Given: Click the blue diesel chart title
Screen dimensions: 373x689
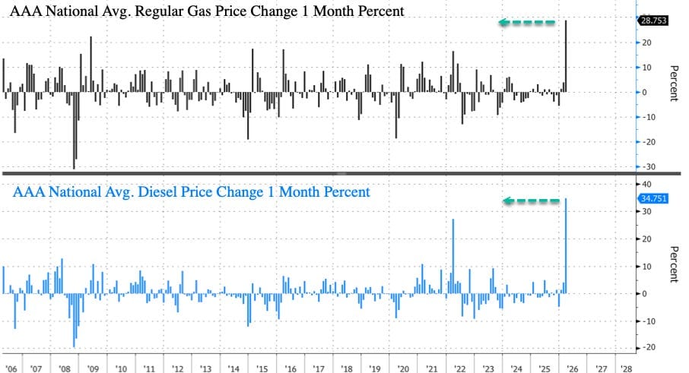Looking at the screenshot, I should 190,192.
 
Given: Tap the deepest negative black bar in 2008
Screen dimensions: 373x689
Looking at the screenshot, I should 74,130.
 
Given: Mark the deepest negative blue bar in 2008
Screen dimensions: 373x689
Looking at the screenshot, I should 74,320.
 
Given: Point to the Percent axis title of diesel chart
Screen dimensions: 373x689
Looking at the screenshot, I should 674,264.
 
